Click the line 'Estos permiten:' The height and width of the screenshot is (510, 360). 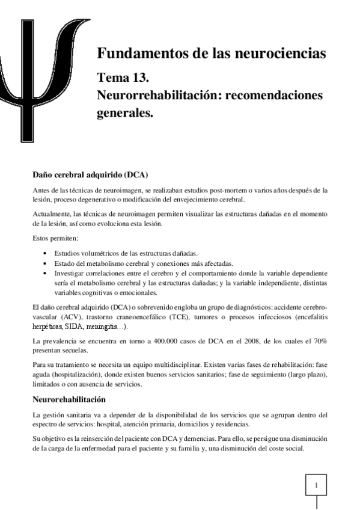[52, 238]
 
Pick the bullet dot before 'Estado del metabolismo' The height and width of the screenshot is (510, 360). [47, 263]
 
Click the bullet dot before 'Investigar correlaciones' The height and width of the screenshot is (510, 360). [47, 273]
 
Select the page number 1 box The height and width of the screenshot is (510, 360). [317, 483]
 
